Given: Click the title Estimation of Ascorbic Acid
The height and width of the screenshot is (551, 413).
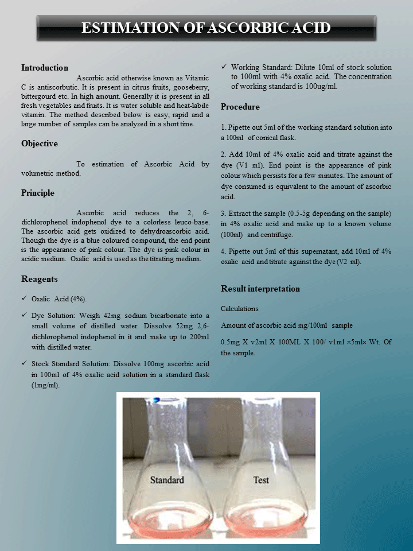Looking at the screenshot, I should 206,28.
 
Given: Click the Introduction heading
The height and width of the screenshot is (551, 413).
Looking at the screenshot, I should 45,68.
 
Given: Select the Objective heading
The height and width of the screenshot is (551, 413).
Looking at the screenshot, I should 40,143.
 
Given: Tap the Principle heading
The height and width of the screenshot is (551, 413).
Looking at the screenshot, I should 38,193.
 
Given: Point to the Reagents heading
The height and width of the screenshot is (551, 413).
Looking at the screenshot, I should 40,279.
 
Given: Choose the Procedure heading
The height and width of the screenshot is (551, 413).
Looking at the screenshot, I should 240,107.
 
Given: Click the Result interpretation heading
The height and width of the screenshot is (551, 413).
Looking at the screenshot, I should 260,289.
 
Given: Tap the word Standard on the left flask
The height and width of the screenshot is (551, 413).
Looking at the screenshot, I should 167,480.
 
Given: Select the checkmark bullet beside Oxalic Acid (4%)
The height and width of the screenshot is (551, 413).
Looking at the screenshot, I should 24,299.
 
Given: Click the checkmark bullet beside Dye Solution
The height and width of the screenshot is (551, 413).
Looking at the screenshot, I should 24,315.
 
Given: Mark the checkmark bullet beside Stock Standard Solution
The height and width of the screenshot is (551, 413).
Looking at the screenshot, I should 24,363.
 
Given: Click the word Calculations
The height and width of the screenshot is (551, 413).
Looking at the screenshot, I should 240,309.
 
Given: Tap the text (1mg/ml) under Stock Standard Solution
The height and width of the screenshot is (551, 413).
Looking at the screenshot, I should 46,385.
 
